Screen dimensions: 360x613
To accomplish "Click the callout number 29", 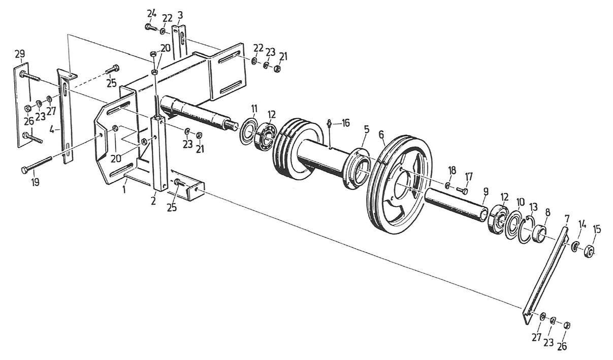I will coord(19,54).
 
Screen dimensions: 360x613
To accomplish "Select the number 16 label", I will coord(346,123).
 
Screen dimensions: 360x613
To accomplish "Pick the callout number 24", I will coord(151,12).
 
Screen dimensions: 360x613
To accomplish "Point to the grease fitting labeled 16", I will coord(330,123).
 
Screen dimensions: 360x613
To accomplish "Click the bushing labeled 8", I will coord(540,234).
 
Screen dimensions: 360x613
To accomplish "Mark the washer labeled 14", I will coord(575,247).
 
